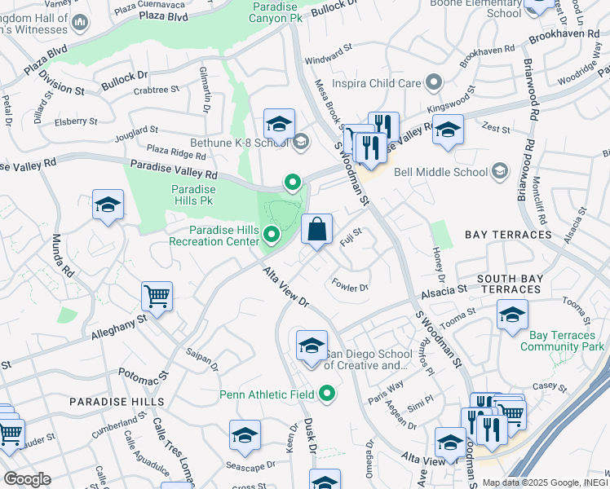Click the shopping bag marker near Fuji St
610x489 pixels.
point(316,229)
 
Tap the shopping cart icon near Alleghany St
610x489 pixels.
point(157,296)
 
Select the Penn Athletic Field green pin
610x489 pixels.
point(328,395)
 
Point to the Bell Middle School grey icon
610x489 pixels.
point(499,172)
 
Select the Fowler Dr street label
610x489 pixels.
point(351,285)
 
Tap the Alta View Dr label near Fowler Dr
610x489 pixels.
point(286,287)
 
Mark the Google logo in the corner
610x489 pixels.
point(27,479)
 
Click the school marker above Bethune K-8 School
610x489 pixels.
point(279,125)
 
